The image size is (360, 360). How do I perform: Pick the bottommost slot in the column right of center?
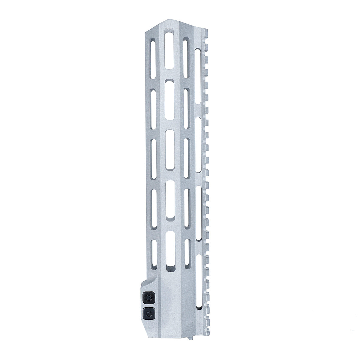pos(187,251)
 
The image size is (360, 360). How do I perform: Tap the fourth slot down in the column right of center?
pos(186,207)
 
